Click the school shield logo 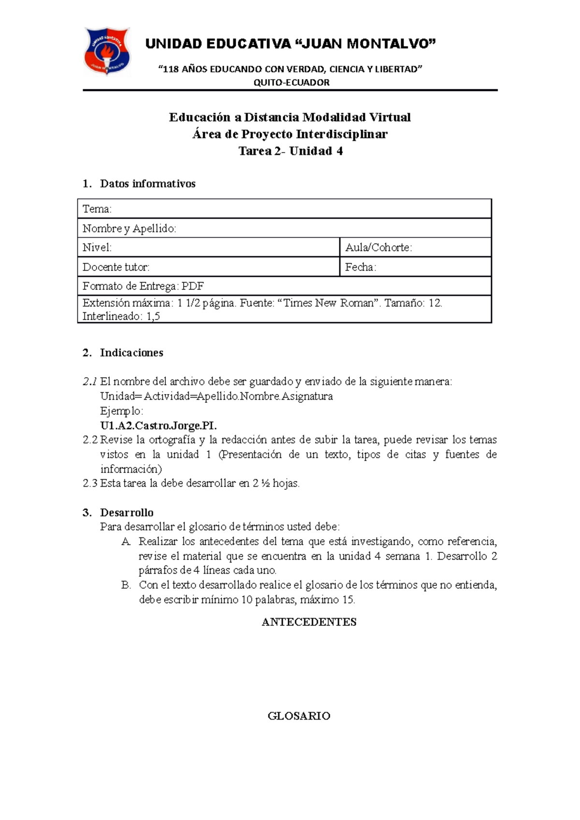[107, 51]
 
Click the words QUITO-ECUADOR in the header [291, 83]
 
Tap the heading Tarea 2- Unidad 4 [290, 151]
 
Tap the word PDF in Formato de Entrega [192, 286]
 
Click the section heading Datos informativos [147, 184]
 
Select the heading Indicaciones [131, 353]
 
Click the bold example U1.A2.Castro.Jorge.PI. [159, 425]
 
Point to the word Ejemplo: [121, 411]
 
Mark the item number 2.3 [90, 483]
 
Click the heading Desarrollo [127, 512]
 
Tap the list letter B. [126, 585]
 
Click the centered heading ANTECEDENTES [309, 622]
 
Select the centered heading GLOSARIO [299, 716]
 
